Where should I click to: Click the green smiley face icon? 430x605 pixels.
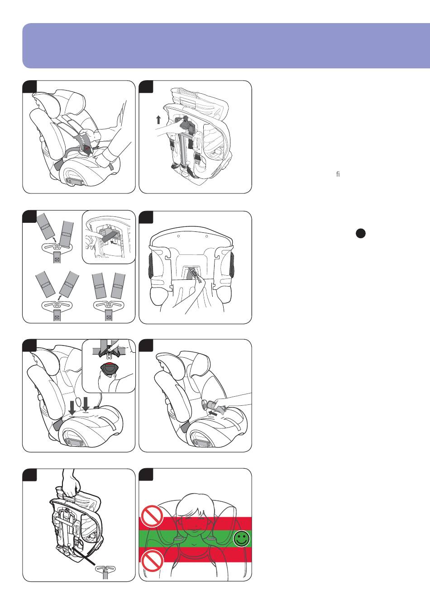[x=242, y=539]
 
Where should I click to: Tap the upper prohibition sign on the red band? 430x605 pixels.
[x=152, y=516]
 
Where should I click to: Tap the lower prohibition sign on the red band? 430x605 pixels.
[x=153, y=561]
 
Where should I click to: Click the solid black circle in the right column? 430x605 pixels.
[x=361, y=233]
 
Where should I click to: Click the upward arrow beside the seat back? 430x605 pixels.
[x=159, y=120]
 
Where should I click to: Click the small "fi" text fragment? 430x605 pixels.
[x=338, y=174]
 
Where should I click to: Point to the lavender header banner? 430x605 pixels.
[x=226, y=46]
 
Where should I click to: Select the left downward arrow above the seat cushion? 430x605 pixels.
[x=72, y=408]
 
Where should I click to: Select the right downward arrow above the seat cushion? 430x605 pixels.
[x=86, y=404]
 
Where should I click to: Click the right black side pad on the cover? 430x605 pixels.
[x=232, y=267]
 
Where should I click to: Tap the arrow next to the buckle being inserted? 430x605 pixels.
[x=213, y=413]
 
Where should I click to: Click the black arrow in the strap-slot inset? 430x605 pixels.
[x=115, y=243]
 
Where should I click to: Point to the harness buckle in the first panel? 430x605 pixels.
[x=88, y=149]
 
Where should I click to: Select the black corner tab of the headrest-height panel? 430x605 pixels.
[x=145, y=475]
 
